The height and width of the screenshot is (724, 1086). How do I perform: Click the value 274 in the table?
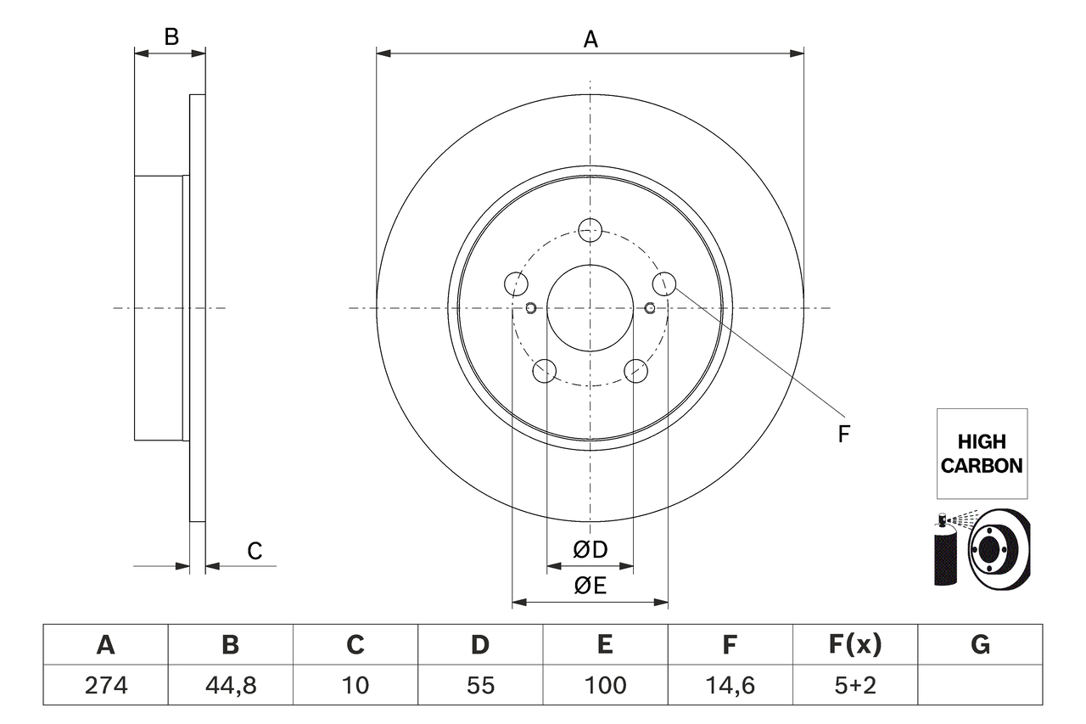106,685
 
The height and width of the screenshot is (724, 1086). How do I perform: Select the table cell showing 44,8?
231,685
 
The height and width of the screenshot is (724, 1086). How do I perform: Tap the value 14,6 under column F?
730,685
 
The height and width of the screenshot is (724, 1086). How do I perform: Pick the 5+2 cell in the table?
854,685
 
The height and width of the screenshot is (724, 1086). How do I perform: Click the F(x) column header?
854,645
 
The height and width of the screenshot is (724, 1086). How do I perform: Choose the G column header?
980,645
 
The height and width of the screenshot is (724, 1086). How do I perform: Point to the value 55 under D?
480,685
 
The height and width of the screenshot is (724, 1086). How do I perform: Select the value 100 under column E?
605,685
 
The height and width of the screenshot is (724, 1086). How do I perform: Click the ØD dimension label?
591,550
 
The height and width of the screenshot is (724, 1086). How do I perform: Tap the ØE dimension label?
591,586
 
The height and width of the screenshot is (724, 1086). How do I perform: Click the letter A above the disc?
591,39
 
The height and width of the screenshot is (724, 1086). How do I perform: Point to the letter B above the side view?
171,37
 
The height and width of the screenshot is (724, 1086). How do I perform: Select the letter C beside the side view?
255,551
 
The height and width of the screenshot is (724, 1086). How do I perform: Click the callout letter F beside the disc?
843,435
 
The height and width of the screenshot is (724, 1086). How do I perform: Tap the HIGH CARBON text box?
982,453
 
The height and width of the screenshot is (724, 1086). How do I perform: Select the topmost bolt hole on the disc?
590,228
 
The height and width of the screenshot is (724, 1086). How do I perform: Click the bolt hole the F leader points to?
664,283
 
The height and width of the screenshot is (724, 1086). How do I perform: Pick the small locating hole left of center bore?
531,307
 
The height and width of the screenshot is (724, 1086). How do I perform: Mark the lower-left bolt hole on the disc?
544,371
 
